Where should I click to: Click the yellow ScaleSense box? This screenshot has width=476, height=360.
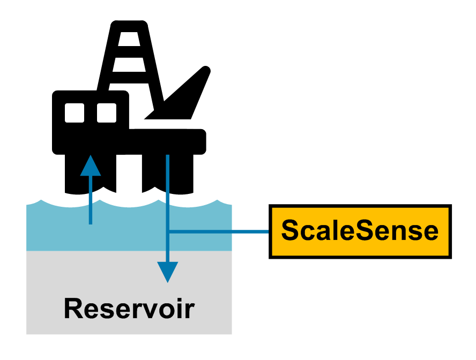[x=360, y=231]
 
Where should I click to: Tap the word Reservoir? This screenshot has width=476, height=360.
[x=129, y=309]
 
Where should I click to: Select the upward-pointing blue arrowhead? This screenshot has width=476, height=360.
[x=90, y=165]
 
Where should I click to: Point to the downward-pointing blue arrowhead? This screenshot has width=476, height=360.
[x=168, y=272]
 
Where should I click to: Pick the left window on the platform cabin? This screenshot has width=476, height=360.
[x=75, y=112]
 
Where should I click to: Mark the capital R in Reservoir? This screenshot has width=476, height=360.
[x=73, y=309]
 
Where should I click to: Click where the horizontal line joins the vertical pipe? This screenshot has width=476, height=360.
[x=168, y=232]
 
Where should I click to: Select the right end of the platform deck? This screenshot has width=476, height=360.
[x=203, y=141]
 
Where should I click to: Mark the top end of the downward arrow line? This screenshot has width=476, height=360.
[x=168, y=156]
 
